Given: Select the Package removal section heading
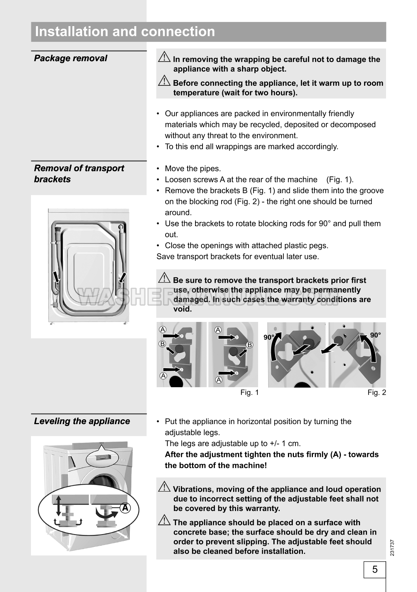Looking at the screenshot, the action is (x=70, y=58).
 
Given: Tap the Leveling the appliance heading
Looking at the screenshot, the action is (x=82, y=421).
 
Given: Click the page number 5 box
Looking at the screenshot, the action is (x=375, y=569).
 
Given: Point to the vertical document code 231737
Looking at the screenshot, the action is (x=392, y=548).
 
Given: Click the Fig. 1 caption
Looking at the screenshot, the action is (x=250, y=392).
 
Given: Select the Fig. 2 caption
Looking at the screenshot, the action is (x=377, y=392).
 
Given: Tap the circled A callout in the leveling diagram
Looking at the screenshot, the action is (x=125, y=508).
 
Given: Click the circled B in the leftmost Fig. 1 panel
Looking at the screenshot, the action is (x=162, y=344).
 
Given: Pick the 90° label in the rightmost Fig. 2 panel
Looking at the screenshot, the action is (x=375, y=335).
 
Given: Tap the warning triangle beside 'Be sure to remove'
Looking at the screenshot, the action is (x=164, y=278).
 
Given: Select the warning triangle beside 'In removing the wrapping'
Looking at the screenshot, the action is (x=164, y=57).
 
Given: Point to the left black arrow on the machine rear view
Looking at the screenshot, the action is (x=56, y=277).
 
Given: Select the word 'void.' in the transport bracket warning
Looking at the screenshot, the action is (x=183, y=309).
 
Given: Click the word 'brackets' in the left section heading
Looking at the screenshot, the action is (x=52, y=179).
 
